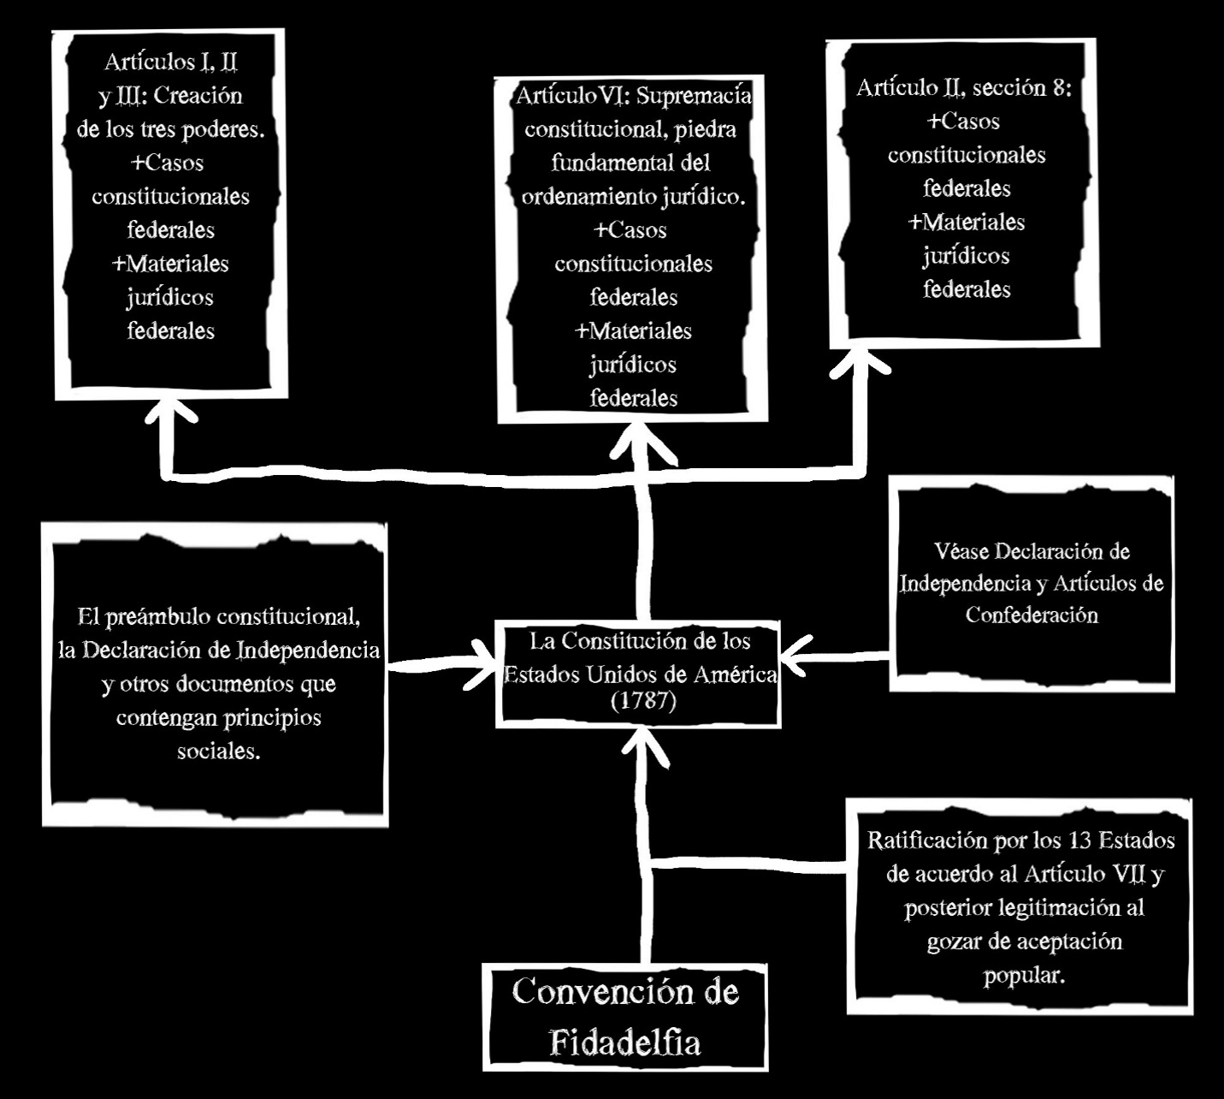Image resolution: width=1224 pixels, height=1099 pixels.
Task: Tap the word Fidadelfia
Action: (624, 1043)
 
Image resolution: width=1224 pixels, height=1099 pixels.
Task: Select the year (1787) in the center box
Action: (643, 701)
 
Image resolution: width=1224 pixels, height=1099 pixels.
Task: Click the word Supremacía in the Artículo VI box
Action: (695, 96)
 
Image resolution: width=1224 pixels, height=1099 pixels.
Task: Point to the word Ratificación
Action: (927, 841)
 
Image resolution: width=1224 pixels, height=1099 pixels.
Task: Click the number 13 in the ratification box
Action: (1080, 841)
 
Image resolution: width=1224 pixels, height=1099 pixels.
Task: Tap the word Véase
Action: (963, 552)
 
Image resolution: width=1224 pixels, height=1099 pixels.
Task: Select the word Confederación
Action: (1032, 615)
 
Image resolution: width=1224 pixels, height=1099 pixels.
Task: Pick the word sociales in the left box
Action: (218, 751)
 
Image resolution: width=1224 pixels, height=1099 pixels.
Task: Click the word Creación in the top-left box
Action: (198, 96)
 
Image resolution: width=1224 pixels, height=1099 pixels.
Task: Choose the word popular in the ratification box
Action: (1024, 975)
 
